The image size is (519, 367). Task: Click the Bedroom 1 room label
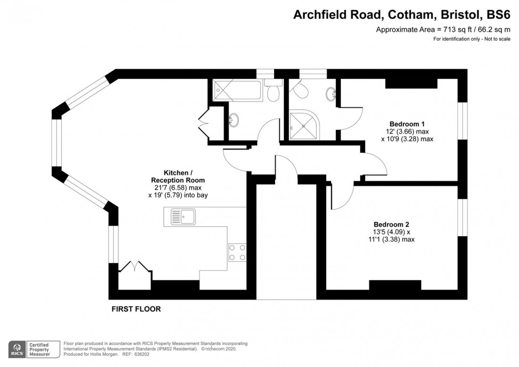[x=407, y=124]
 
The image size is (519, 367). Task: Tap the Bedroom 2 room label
[x=391, y=224]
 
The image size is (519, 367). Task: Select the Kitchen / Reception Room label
[x=178, y=177]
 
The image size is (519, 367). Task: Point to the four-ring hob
[x=237, y=252]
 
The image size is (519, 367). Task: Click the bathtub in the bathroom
[x=238, y=90]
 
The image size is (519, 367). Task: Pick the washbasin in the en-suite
[x=331, y=93]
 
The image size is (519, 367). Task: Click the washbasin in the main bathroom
[x=234, y=119]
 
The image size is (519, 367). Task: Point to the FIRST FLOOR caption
[x=136, y=309]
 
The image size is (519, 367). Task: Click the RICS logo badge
[x=17, y=350]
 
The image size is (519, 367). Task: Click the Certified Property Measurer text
[x=39, y=350]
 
